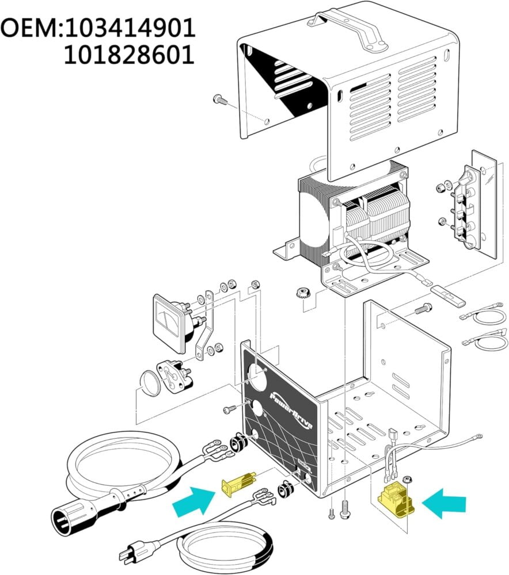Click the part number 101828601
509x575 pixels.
point(128,56)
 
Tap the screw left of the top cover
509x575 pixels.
point(220,100)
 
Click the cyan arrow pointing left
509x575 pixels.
point(445,504)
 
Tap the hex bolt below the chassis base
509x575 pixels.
point(344,508)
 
